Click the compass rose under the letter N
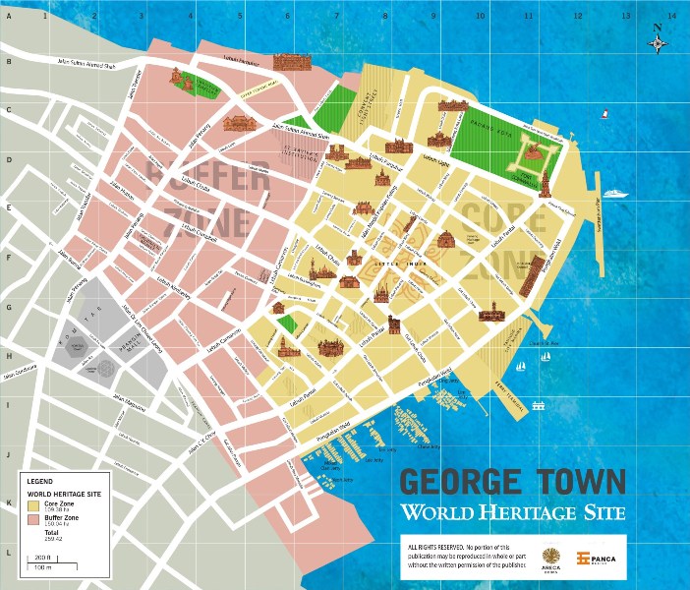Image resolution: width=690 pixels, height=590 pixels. (x=659, y=43)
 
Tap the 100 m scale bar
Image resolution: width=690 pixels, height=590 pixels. (x=41, y=567)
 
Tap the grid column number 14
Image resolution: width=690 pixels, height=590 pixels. (x=672, y=16)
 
